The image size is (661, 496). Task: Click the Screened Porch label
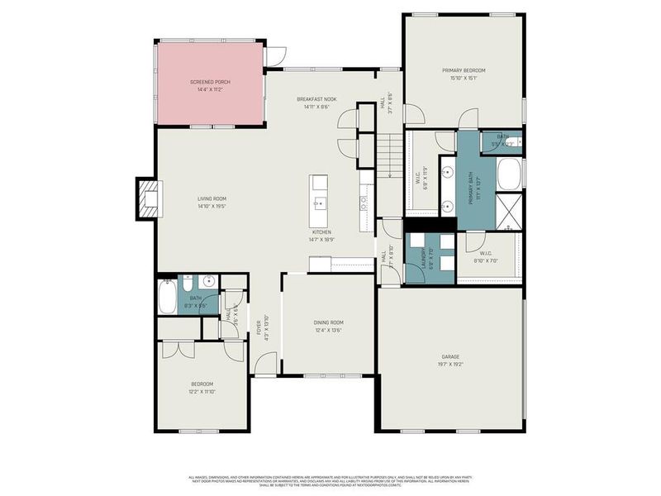(x=211, y=82)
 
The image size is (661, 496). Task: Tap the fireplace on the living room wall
(x=146, y=199)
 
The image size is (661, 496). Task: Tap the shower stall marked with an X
(x=510, y=212)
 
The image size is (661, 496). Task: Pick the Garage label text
(x=449, y=356)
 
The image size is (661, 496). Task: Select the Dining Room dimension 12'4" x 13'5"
(x=328, y=330)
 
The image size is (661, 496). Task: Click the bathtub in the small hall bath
(x=168, y=297)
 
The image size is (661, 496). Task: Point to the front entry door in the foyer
(x=266, y=364)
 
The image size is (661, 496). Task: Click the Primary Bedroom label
(x=463, y=71)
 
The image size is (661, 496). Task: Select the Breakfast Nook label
(x=316, y=99)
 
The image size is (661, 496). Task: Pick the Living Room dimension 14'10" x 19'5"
(x=212, y=207)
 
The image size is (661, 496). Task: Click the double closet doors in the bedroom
(x=177, y=348)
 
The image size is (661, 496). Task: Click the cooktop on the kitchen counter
(x=364, y=201)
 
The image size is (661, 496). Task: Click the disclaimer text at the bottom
(x=330, y=481)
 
